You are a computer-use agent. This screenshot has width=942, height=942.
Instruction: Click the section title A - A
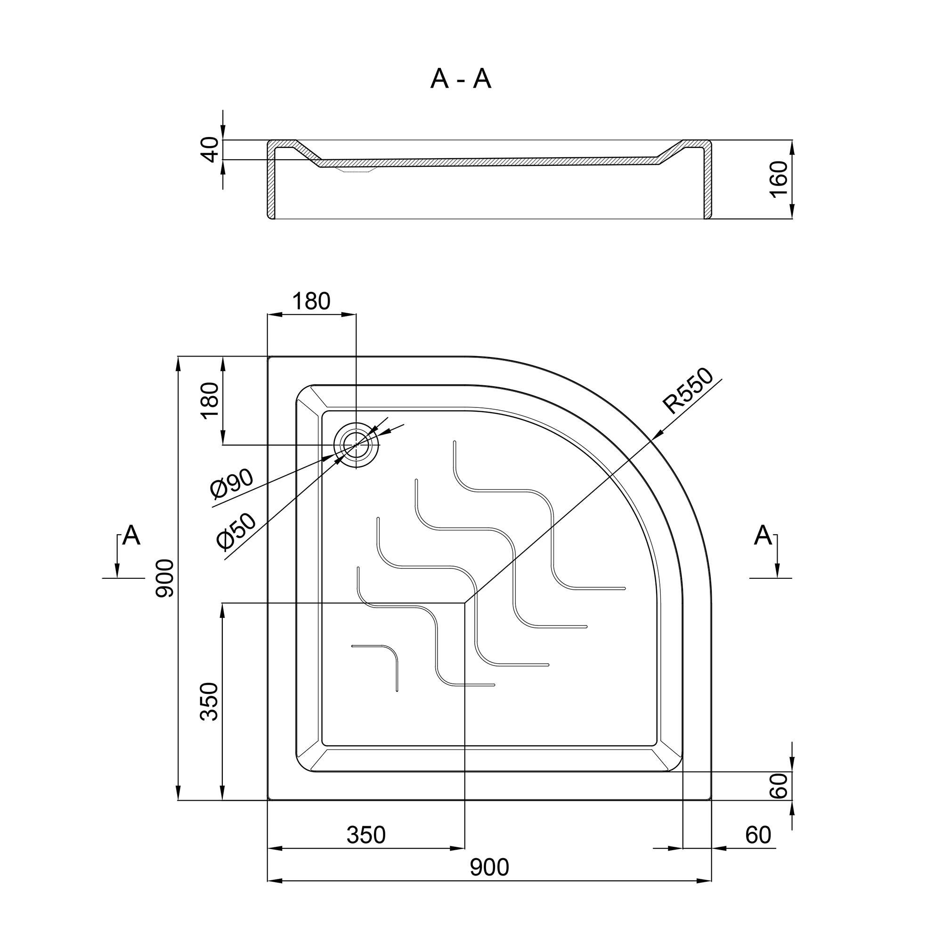click(461, 79)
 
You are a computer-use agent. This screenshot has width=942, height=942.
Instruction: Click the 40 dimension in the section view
click(211, 149)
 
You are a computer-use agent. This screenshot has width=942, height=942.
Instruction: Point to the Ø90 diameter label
click(232, 484)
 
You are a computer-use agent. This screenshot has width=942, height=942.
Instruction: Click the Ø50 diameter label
click(236, 531)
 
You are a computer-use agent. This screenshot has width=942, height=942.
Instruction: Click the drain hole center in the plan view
click(356, 445)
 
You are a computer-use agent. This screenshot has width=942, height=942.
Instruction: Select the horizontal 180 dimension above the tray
click(311, 301)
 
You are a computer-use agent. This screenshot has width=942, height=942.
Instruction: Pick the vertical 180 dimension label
click(210, 401)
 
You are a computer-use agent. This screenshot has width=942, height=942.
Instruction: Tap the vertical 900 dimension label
click(165, 579)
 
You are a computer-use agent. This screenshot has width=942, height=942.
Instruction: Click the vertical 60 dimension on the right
click(779, 786)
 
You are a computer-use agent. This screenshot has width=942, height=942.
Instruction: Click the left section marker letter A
click(131, 536)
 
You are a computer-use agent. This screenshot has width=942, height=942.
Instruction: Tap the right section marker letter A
click(763, 536)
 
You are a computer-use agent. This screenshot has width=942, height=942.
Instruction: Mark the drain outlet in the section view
click(356, 170)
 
